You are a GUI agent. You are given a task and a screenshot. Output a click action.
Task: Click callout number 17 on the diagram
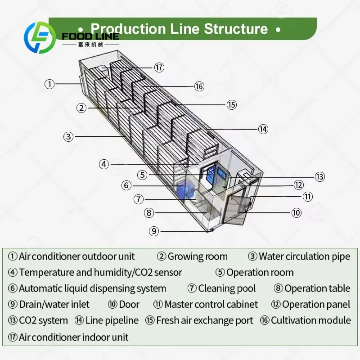159,67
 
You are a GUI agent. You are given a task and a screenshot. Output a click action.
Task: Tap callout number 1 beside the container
49,84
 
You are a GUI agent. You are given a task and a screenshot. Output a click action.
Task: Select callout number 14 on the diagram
263,129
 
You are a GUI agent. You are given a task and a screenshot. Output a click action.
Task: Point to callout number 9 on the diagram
154,231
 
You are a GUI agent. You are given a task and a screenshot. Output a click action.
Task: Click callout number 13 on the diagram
320,177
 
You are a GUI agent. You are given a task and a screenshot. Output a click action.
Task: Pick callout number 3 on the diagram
68,137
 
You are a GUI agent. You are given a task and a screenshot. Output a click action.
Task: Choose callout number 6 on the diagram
126,185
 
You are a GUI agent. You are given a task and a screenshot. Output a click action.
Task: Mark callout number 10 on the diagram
297,213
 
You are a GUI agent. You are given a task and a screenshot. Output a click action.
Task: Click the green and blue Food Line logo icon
40,37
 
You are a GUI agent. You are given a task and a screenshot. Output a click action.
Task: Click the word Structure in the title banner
236,29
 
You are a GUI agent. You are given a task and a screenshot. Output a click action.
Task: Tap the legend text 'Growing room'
198,256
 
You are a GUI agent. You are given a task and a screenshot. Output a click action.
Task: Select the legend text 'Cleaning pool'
227,288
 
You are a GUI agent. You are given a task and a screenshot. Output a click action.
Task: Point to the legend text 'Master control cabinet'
211,305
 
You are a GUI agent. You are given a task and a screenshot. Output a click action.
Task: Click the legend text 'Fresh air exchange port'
205,320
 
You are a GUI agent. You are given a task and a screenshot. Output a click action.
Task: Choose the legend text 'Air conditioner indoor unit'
74,337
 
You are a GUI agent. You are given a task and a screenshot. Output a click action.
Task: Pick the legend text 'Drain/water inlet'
54,305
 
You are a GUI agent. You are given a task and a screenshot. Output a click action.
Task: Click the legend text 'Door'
129,305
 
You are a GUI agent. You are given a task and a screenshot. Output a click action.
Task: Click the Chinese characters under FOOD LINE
90,45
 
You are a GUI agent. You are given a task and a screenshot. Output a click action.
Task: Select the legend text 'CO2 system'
43,320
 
